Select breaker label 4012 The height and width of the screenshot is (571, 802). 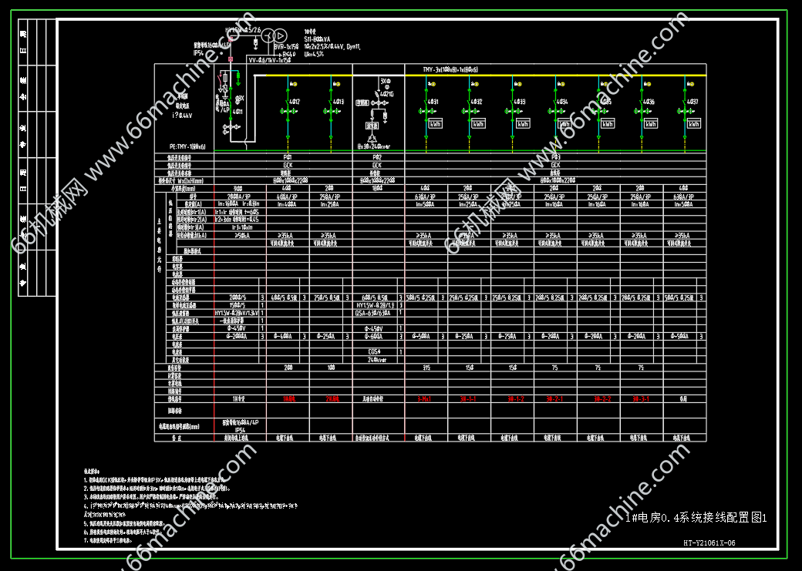tap(294, 102)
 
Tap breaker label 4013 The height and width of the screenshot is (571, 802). tap(337, 102)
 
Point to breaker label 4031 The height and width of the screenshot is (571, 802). tap(433, 102)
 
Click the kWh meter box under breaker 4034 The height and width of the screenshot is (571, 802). tap(565, 123)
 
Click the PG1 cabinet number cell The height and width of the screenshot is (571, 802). tap(288, 156)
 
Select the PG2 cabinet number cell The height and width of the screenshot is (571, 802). tap(377, 156)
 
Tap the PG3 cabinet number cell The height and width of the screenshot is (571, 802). tap(555, 156)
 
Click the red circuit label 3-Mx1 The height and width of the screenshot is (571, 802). tap(424, 399)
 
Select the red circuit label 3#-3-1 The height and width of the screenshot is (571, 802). tap(642, 399)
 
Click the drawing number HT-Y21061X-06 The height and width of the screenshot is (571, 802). tap(709, 542)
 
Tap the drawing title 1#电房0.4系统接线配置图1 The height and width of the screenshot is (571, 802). tap(696, 518)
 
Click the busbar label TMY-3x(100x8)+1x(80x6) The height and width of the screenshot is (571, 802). tap(450, 69)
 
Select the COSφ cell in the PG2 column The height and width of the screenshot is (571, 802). tap(376, 351)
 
